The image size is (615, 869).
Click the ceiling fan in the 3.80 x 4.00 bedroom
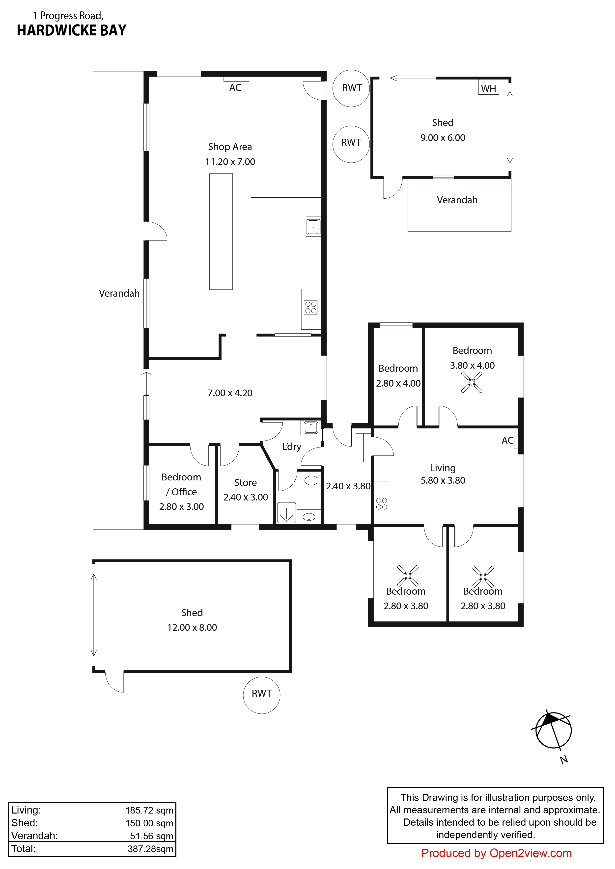tap(472, 382)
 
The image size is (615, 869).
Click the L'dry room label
tap(292, 447)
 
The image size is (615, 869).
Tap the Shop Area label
tap(230, 147)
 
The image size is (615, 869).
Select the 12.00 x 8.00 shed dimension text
tap(192, 628)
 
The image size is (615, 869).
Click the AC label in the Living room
tap(507, 440)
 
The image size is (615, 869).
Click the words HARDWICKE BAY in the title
tap(72, 30)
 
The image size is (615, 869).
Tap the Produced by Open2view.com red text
tap(497, 853)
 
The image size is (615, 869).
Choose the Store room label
tap(245, 483)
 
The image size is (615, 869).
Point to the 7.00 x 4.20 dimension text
tap(230, 393)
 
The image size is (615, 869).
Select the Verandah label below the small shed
tap(457, 200)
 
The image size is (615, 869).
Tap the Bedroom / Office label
tap(181, 484)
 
